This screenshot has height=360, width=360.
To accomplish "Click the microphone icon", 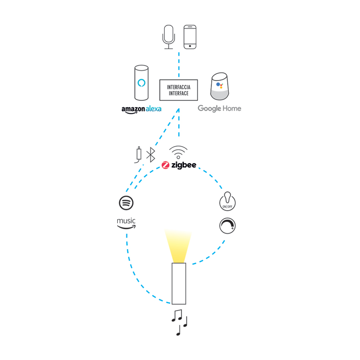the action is click(168, 37).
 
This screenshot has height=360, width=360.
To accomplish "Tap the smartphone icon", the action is click(190, 37).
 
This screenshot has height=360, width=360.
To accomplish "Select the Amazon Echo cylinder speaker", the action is click(142, 83).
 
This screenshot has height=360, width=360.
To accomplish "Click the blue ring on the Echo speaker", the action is click(142, 83).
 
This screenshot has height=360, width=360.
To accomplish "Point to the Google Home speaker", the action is click(220, 86).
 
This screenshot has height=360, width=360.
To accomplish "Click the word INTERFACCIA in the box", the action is click(179, 87).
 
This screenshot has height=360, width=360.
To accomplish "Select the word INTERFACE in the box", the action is click(179, 93).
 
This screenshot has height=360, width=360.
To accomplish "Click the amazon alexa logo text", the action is click(142, 109).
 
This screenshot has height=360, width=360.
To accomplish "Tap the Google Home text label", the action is click(220, 108).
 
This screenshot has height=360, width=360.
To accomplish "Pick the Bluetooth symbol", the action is click(151, 154).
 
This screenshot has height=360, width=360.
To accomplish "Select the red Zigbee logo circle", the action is click(166, 165).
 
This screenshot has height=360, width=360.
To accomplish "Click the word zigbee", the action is click(184, 165).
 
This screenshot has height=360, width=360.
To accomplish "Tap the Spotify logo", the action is click(126, 203).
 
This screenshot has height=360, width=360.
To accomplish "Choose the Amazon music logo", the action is click(126, 223).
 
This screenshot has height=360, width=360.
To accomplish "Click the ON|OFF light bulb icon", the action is click(228, 201).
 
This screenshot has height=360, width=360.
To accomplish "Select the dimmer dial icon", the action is click(228, 226).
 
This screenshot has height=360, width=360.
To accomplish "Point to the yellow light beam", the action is click(178, 246).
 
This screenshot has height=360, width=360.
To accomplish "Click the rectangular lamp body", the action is click(179, 284).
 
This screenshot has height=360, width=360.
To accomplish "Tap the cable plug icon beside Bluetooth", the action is click(138, 154).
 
